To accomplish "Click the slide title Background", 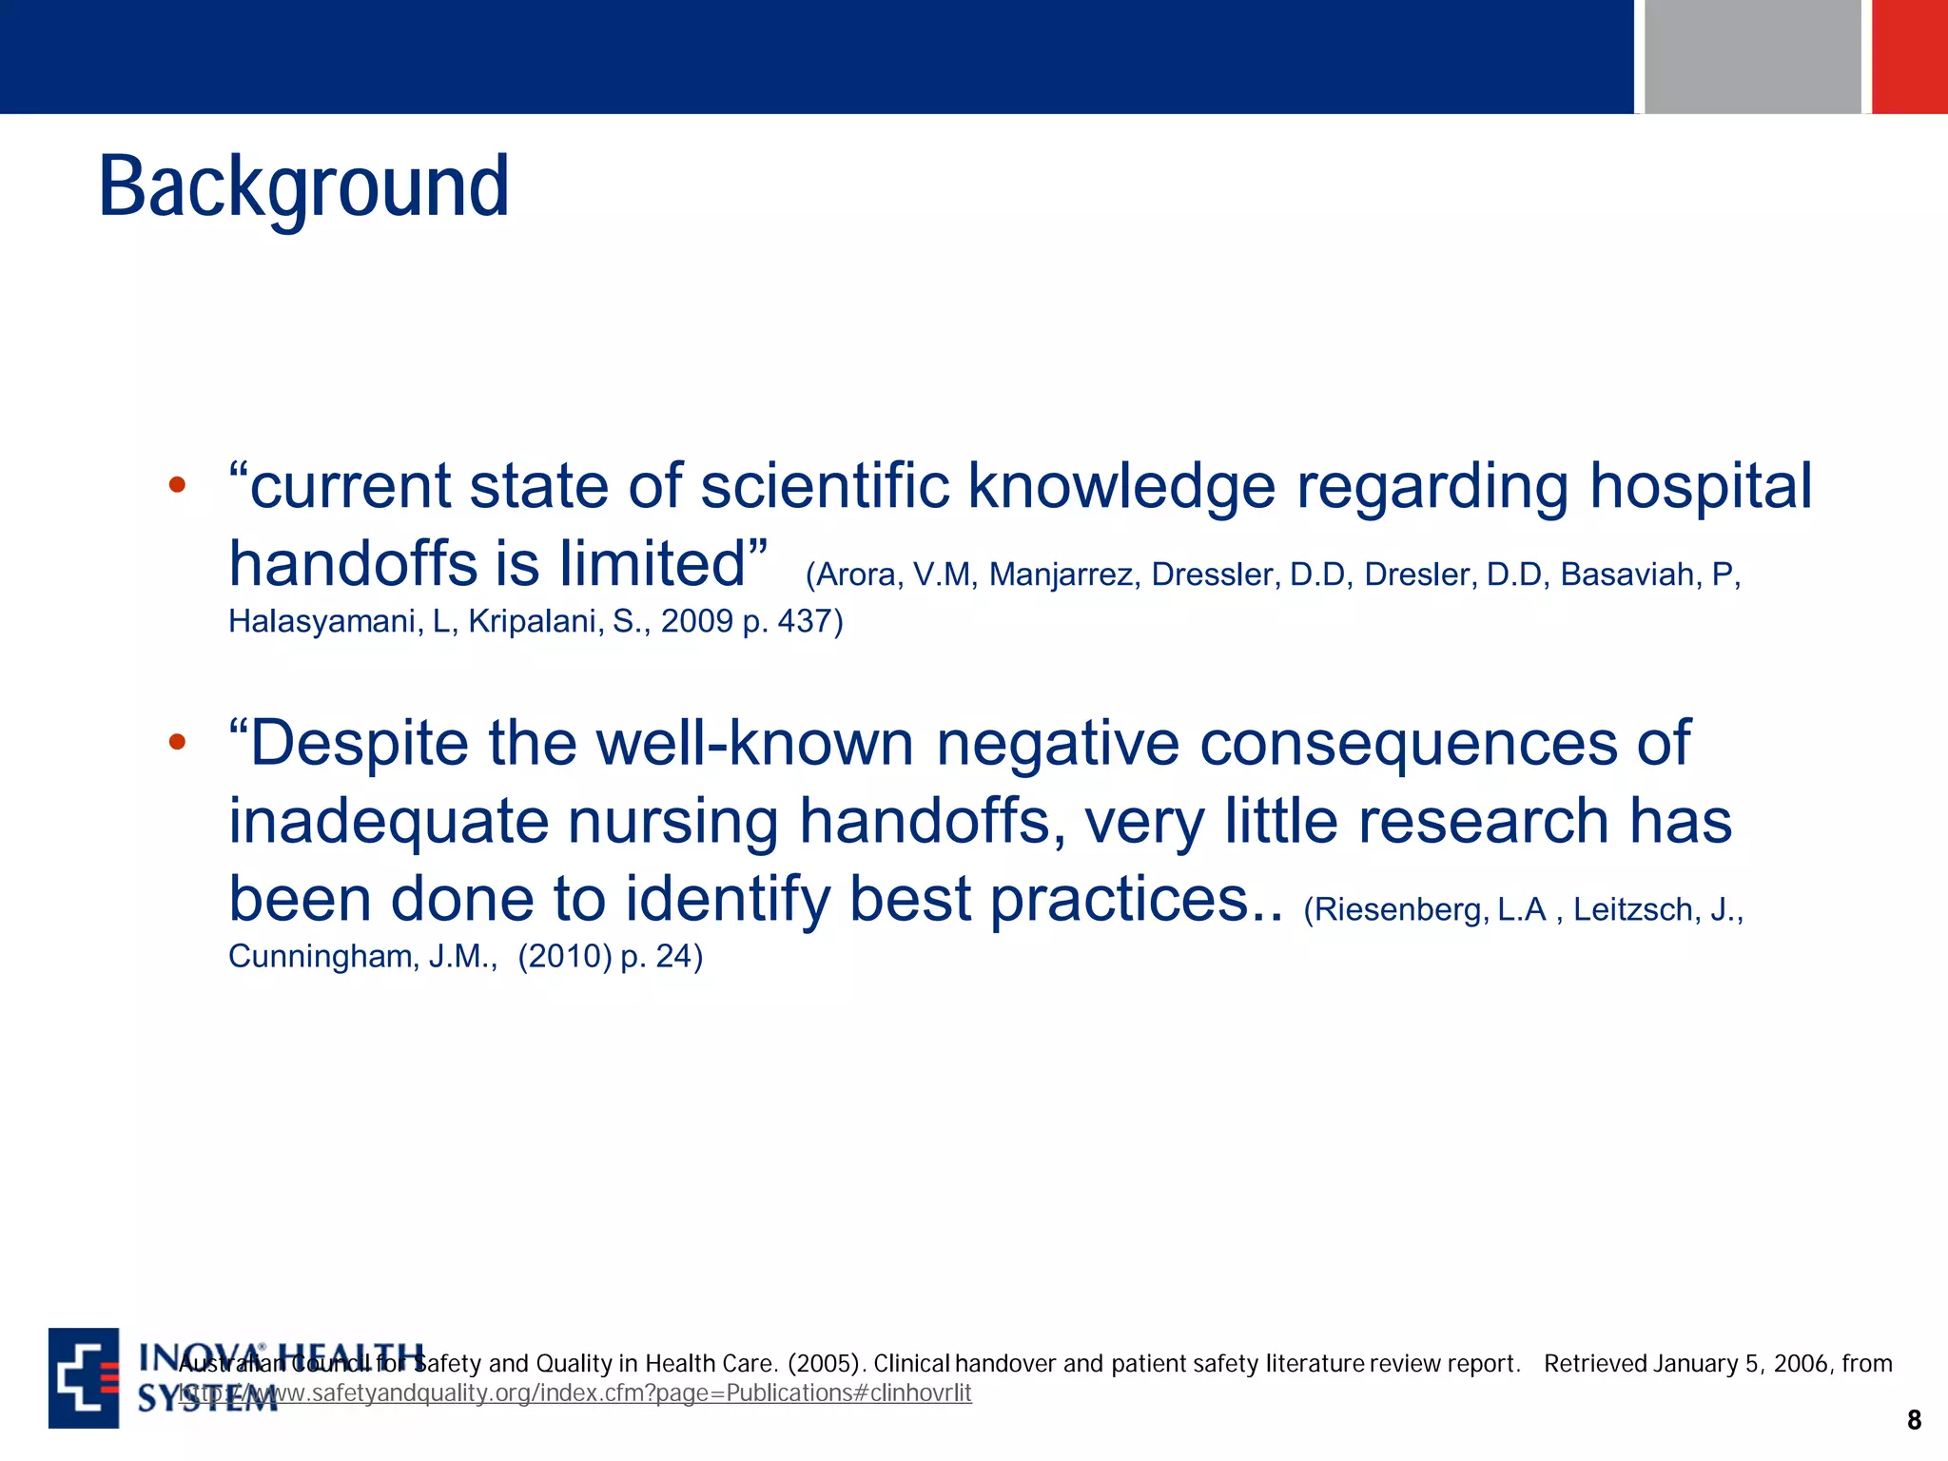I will pyautogui.click(x=303, y=187).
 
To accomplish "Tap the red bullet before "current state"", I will pyautogui.click(x=177, y=485).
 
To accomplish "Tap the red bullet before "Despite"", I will pyautogui.click(x=177, y=742).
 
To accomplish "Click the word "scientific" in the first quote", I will pyautogui.click(x=825, y=486).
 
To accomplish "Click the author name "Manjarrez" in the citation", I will pyautogui.click(x=1061, y=575).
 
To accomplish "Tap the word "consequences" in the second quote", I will pyautogui.click(x=1407, y=744).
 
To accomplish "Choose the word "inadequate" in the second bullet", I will pyautogui.click(x=388, y=822).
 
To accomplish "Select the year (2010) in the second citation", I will pyautogui.click(x=565, y=956).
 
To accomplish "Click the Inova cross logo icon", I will pyautogui.click(x=84, y=1377).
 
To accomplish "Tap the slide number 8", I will pyautogui.click(x=1914, y=1420).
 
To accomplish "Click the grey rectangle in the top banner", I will pyautogui.click(x=1752, y=57).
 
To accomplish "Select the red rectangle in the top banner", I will pyautogui.click(x=1909, y=57).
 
